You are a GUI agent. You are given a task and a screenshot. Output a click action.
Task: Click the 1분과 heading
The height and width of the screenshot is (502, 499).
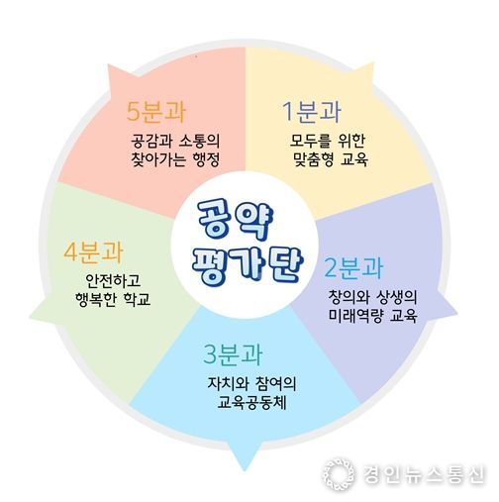(312, 112)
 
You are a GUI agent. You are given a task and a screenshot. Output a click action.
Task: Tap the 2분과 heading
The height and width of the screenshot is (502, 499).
(353, 268)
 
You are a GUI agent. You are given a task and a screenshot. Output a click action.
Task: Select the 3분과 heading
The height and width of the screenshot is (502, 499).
(233, 354)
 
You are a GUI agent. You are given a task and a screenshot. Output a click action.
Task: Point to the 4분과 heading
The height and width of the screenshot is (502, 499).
(93, 251)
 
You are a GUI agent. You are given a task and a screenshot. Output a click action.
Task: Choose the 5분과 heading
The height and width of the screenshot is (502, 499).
(156, 111)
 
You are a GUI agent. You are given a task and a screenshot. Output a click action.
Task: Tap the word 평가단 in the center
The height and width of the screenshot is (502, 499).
(248, 266)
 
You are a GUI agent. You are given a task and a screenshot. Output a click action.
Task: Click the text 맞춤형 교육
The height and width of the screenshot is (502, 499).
(331, 159)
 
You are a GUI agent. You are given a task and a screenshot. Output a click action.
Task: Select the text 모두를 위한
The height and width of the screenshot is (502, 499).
(328, 141)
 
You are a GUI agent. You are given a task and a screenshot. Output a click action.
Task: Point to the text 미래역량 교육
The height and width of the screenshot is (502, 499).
(372, 315)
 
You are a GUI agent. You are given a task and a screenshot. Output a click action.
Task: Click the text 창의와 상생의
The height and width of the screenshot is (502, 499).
(372, 297)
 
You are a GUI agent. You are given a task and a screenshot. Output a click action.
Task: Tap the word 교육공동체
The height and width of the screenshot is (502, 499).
(251, 402)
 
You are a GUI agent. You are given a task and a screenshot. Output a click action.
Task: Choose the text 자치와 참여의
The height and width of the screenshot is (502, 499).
(251, 383)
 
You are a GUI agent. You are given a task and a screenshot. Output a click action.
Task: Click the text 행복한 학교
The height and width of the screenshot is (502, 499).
(113, 299)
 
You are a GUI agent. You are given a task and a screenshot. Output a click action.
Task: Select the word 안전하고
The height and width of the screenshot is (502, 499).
(113, 280)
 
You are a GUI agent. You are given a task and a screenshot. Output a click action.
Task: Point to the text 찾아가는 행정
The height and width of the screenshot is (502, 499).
(175, 159)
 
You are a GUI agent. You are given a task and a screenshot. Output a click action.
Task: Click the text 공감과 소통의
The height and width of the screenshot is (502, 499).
(175, 141)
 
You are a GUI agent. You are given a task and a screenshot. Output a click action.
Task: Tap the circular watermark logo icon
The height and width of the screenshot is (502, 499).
(339, 474)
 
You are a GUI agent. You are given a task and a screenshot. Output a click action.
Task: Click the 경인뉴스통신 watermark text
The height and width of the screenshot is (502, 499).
(425, 474)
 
